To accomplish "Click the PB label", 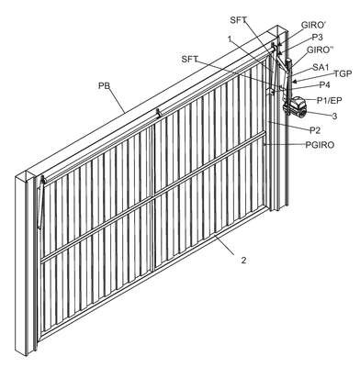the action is point(104,85).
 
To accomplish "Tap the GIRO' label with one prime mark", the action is point(312,25).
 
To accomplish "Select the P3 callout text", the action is point(318,38).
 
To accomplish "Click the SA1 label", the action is point(321,67).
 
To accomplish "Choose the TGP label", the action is point(343,73).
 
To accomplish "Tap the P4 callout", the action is point(324,85).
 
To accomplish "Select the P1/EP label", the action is point(329,100).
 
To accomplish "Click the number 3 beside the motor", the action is point(334,116).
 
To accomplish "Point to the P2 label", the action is point(315,130).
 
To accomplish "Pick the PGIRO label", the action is point(320,145).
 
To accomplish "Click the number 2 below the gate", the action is point(243,261).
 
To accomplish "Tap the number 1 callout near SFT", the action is point(230,39).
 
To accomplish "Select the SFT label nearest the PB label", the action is point(190,59).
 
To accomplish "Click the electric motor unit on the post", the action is point(296,106).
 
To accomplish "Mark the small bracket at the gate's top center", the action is point(158,113).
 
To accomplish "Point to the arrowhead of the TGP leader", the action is point(295,82).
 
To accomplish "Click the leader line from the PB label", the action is point(117,100).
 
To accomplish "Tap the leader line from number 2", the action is point(225,245).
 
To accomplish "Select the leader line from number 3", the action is point(316,113).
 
